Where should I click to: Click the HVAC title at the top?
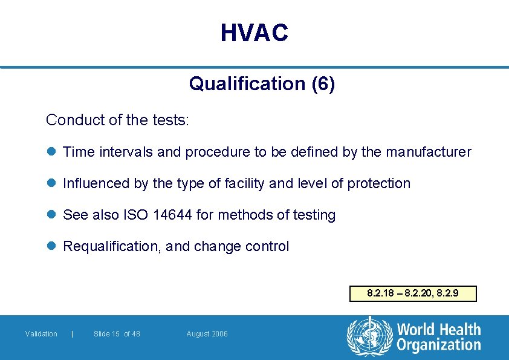click(x=254, y=33)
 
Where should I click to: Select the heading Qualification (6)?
click(x=262, y=83)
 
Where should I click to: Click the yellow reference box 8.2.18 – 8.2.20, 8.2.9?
click(x=413, y=293)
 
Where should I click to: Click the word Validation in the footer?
click(x=41, y=334)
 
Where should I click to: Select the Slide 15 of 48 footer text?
click(x=117, y=334)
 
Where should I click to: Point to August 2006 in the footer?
click(x=207, y=334)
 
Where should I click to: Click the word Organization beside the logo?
click(x=439, y=345)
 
